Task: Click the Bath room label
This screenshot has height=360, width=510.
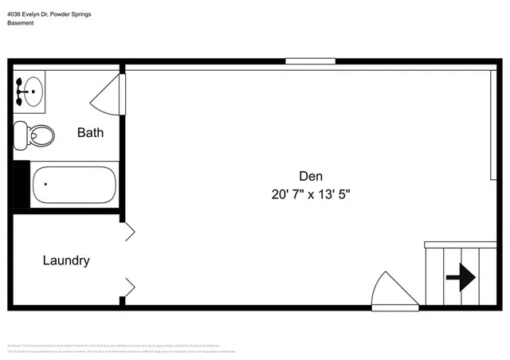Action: tap(90, 133)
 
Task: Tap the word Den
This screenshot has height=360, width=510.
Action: tap(311, 176)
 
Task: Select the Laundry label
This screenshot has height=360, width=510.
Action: tap(65, 260)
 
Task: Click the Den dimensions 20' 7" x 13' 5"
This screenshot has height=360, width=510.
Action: tap(311, 193)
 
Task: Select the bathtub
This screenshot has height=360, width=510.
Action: tap(73, 184)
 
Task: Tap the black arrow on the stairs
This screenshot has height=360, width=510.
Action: tap(461, 278)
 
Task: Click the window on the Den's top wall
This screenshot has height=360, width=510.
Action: tap(310, 61)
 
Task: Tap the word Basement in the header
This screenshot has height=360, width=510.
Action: tap(22, 23)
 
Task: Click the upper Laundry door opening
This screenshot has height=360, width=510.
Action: tap(127, 231)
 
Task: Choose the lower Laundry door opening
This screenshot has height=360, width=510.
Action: tap(127, 285)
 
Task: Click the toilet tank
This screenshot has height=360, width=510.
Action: tap(21, 135)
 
